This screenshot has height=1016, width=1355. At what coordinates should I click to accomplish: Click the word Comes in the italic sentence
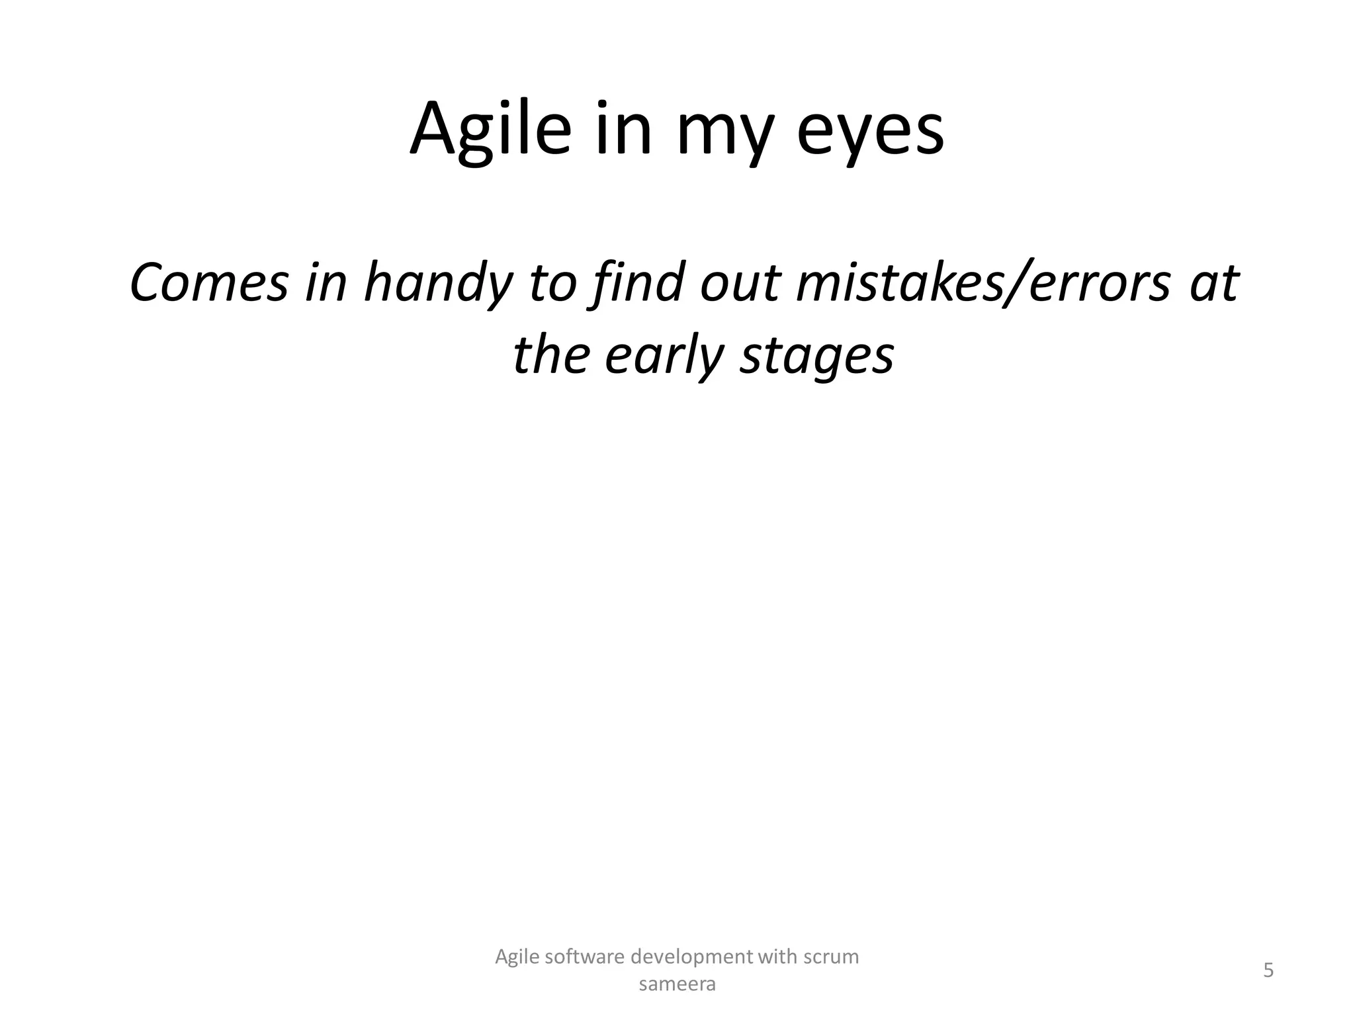tap(209, 283)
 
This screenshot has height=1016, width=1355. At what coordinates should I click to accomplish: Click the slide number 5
tap(1268, 971)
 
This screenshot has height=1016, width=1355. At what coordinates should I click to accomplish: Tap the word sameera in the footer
tap(677, 985)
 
